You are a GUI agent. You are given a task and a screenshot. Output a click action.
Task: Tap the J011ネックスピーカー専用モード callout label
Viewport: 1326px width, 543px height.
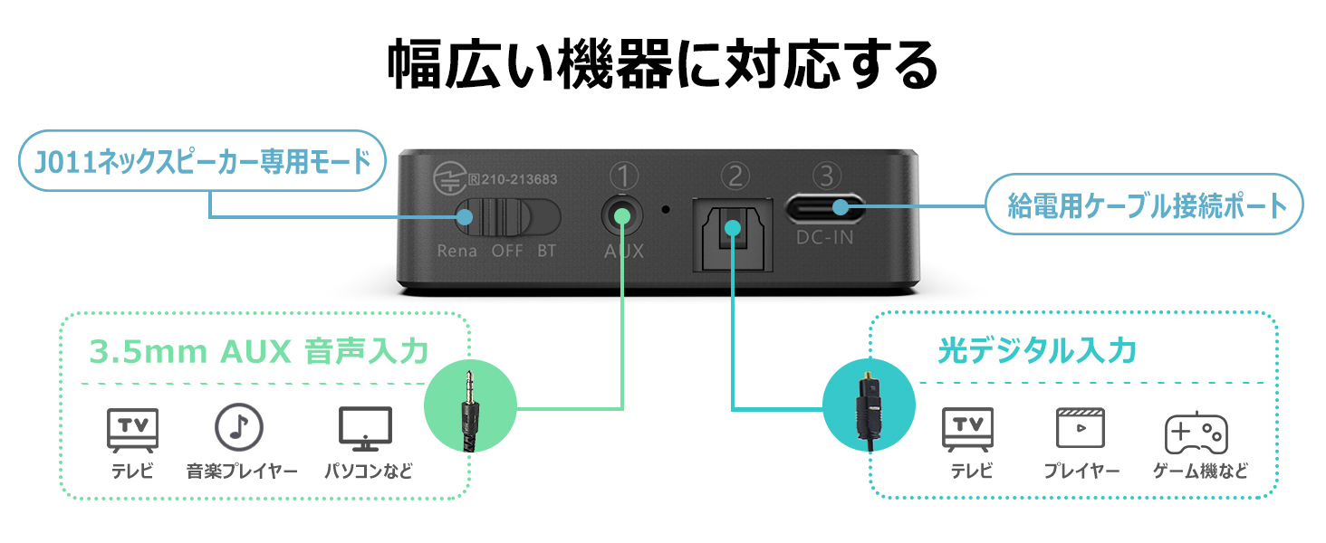202,161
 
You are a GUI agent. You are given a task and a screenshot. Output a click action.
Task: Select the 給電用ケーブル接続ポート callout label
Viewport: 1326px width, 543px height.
1147,205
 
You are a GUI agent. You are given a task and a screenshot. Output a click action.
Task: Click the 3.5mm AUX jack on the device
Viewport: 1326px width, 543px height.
622,216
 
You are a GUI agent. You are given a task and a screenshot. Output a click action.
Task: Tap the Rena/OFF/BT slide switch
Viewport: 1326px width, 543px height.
507,218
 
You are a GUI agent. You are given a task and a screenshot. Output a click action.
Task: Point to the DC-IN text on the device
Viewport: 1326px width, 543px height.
823,239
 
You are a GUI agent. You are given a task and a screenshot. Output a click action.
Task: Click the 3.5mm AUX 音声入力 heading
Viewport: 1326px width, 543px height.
259,351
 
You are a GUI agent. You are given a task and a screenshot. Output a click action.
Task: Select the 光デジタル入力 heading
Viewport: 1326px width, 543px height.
1037,350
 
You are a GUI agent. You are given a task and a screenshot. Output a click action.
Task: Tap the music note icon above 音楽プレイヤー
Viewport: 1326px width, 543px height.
238,427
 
